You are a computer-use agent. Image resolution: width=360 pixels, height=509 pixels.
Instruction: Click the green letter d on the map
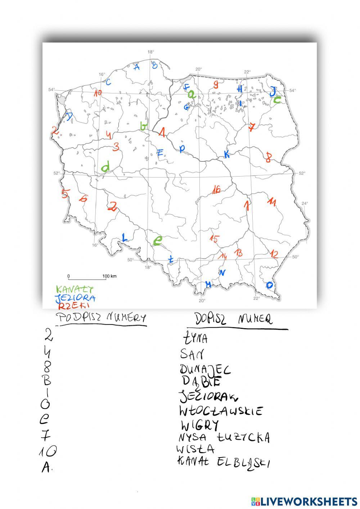[x=106, y=167]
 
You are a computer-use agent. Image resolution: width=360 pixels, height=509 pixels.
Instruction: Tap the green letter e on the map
[x=157, y=240]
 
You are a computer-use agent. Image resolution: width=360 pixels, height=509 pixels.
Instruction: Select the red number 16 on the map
[x=216, y=189]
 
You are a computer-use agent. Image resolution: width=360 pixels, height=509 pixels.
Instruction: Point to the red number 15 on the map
[x=214, y=238]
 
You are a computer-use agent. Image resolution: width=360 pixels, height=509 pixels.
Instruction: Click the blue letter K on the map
[x=226, y=154]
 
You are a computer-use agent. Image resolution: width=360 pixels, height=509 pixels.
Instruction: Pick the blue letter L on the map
[x=124, y=237]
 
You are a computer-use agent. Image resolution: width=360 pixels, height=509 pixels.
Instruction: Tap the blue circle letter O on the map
[x=269, y=285]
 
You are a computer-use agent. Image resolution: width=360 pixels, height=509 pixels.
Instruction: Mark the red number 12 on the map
[x=274, y=254]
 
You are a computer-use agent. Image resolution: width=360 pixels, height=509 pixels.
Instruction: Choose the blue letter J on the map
[x=274, y=91]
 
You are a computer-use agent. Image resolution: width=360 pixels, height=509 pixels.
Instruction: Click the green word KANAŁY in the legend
[x=75, y=289]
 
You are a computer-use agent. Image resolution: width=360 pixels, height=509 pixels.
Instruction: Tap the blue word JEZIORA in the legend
[x=75, y=298]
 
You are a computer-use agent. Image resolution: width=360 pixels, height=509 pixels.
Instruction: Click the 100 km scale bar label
[x=109, y=276]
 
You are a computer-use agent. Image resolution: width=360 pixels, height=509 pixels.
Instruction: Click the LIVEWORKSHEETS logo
[x=303, y=501]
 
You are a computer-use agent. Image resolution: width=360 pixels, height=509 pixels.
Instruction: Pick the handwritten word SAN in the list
[x=192, y=354]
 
